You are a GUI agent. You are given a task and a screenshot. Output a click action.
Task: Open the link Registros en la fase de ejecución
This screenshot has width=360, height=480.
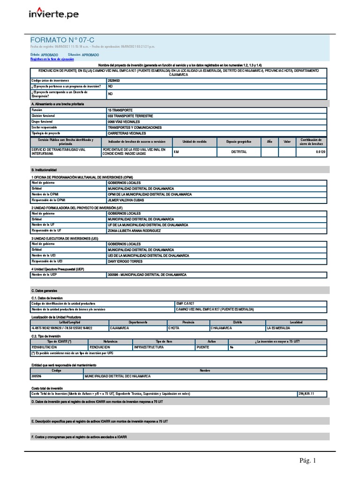(52, 60)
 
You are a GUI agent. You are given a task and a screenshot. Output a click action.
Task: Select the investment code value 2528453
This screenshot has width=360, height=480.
(113, 81)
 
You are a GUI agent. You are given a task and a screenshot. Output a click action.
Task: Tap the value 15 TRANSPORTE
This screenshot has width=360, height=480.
(120, 110)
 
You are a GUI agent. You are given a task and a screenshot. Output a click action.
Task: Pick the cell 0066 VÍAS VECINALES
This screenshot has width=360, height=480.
(124, 121)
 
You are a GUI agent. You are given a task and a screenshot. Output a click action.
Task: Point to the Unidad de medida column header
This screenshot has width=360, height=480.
(194, 142)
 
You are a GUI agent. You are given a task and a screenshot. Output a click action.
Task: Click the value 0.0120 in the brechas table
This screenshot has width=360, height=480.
(320, 152)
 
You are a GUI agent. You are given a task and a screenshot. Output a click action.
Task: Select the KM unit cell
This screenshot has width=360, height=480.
(176, 152)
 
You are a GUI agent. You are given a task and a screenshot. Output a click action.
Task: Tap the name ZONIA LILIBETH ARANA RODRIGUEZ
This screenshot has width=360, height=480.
(134, 231)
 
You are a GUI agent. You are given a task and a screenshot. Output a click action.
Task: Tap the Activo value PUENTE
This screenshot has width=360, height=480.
(202, 347)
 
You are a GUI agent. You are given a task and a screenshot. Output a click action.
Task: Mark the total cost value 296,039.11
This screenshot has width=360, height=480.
(306, 394)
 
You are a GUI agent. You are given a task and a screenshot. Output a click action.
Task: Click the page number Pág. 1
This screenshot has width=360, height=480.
(308, 461)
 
